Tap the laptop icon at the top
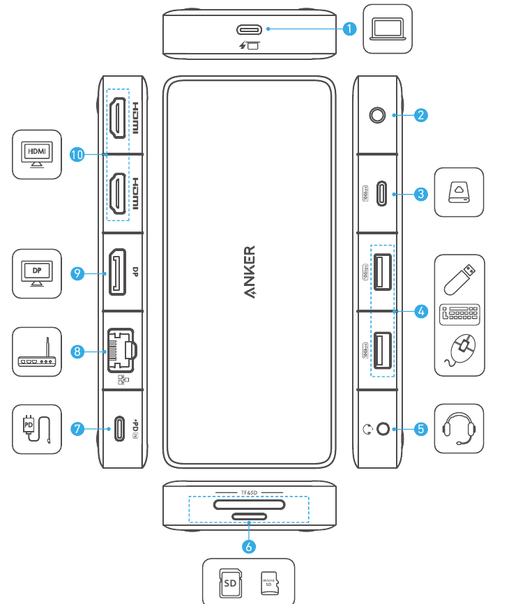[387, 29]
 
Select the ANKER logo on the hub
[249, 273]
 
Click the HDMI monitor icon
[36, 155]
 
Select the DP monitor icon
[36, 273]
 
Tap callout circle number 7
[78, 428]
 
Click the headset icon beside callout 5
[459, 428]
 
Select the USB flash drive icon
[460, 278]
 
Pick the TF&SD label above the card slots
[249, 492]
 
